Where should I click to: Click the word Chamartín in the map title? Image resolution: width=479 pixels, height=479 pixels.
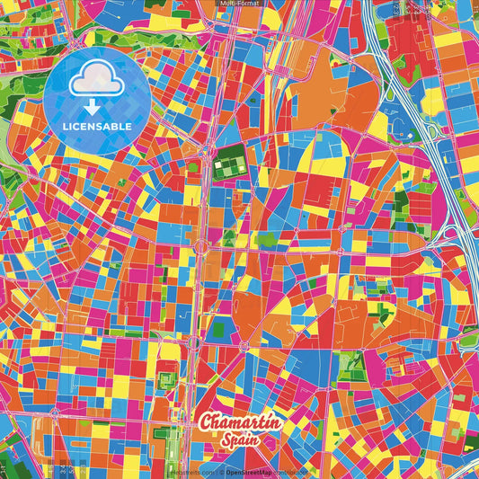coord(241,421)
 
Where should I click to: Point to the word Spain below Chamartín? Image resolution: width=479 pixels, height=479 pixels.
coord(240,440)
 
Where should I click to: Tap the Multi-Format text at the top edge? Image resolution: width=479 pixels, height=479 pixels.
coord(239,4)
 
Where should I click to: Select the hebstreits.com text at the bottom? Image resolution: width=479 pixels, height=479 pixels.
coord(193,471)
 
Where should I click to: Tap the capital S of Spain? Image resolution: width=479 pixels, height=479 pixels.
coord(225,439)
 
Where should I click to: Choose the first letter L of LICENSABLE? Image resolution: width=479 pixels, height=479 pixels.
coord(66,126)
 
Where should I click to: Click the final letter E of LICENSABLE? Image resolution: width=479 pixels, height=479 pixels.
coord(131,126)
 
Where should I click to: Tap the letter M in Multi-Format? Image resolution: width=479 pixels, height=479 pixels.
coord(223,4)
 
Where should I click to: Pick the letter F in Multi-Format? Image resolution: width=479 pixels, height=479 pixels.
coord(241,4)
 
